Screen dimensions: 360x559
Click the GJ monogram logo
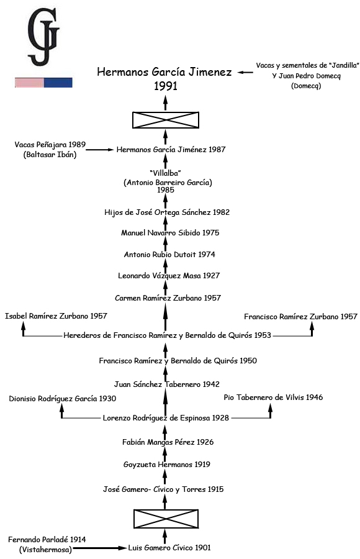[x=43, y=37]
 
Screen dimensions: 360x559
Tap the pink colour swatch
[x=29, y=83]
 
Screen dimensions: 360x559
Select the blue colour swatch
[x=58, y=83]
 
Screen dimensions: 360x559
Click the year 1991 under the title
[x=165, y=86]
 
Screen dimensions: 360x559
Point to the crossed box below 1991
[x=166, y=120]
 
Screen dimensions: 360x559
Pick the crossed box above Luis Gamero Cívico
[x=166, y=519]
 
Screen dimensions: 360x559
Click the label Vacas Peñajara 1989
[x=50, y=145]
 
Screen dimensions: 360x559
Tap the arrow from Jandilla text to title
[x=245, y=73]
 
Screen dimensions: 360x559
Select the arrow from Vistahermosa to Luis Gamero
[x=100, y=548]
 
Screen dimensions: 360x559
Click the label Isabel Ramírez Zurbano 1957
[x=56, y=316]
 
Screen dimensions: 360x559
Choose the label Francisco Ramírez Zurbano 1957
[x=300, y=317]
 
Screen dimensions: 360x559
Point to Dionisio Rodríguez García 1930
[x=62, y=399]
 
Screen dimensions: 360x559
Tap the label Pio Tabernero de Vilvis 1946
[x=273, y=397]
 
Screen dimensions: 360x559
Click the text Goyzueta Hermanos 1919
[x=166, y=465]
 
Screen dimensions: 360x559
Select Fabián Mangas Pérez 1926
[x=168, y=442]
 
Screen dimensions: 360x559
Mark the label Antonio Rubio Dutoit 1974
[x=169, y=255]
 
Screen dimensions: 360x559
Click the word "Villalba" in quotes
[x=165, y=173]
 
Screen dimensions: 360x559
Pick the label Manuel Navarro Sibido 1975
[x=170, y=233]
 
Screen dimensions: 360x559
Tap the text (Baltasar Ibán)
[x=50, y=155]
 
